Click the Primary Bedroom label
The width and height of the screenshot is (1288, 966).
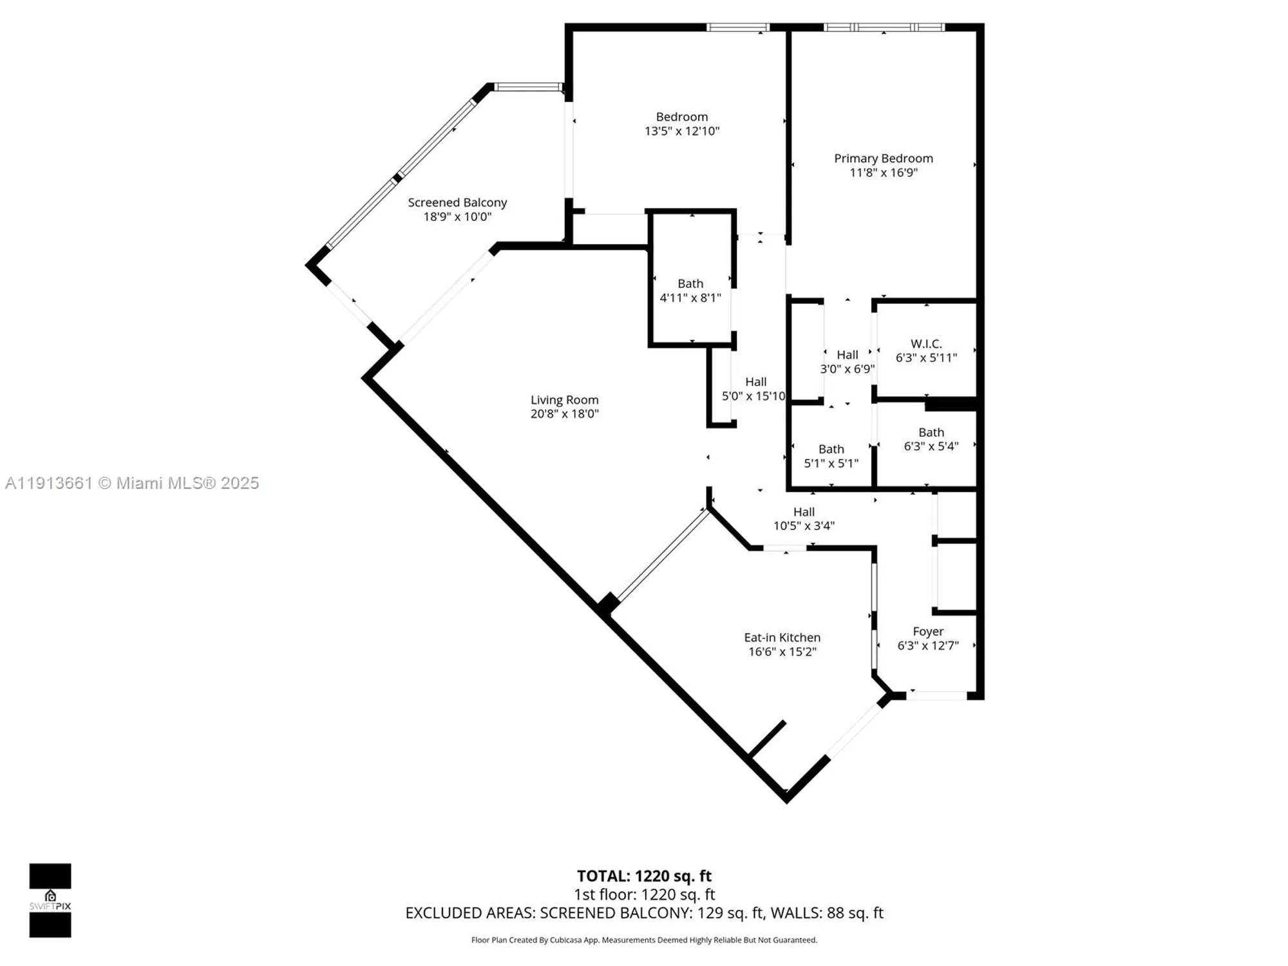[883, 158]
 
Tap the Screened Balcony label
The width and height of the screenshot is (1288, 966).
[457, 203]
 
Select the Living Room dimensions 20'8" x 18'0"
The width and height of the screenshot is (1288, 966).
[564, 414]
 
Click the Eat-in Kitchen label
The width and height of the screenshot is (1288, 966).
[782, 638]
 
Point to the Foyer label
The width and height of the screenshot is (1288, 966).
[928, 632]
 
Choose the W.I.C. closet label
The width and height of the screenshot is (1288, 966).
[926, 344]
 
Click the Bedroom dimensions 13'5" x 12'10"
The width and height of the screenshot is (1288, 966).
[682, 131]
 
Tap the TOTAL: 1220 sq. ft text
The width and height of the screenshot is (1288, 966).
[644, 876]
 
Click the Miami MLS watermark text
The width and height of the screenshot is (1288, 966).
[132, 483]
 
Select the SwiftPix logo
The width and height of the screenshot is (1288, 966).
[50, 900]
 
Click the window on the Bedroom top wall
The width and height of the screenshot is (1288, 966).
[738, 28]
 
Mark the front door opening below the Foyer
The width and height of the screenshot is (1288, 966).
[937, 696]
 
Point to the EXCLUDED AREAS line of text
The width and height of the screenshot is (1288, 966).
[644, 913]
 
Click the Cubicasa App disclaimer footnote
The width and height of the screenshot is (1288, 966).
[644, 940]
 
